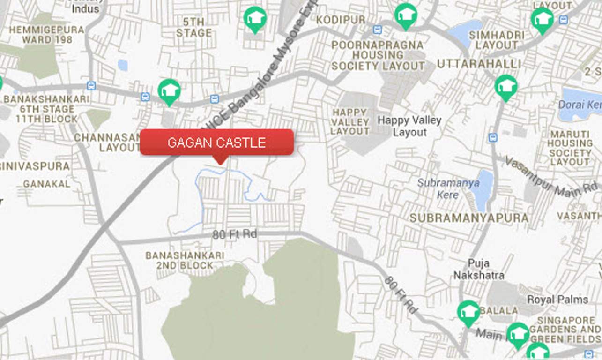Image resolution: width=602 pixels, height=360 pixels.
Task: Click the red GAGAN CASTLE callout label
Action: [217, 142]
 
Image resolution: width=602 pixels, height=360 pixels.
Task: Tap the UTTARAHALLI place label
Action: [479, 64]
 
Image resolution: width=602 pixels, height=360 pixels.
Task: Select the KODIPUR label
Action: [341, 20]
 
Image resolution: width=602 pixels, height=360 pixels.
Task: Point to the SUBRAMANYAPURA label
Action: [469, 218]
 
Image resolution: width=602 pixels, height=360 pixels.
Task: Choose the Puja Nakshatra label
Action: [478, 269]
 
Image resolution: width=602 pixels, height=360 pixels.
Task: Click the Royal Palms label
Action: [557, 299]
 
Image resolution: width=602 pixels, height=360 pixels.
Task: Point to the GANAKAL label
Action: [46, 184]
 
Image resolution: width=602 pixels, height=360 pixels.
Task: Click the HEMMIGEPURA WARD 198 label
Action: [46, 35]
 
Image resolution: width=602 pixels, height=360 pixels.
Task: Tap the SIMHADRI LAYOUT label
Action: [497, 40]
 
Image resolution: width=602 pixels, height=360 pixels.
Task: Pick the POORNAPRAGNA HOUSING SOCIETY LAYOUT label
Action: [378, 56]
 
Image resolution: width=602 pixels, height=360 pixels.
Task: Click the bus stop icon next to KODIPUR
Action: [377, 30]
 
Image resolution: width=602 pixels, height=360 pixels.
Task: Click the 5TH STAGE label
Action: [193, 27]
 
